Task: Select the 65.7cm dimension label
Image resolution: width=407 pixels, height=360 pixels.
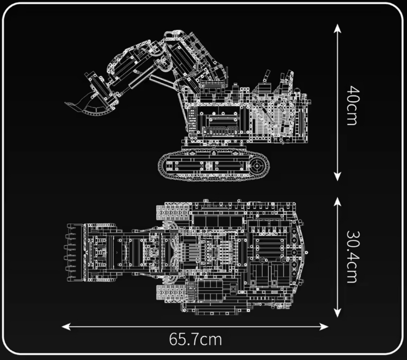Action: click(196, 339)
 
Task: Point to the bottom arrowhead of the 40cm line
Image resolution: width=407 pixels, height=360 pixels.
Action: click(337, 177)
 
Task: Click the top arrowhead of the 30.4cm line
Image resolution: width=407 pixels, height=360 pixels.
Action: click(337, 201)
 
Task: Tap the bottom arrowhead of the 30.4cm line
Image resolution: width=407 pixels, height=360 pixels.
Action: click(337, 313)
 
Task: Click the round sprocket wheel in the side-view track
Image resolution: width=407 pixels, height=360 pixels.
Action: click(257, 165)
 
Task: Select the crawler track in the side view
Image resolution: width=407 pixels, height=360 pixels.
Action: click(213, 165)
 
